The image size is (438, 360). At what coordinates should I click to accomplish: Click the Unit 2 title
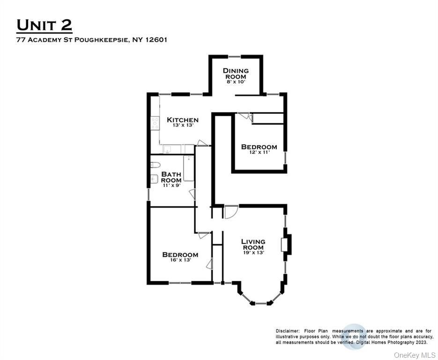[45, 25]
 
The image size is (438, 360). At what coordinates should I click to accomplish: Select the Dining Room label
[236, 74]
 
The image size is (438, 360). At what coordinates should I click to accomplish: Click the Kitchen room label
[183, 120]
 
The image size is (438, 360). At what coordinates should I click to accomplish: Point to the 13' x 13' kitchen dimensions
[183, 126]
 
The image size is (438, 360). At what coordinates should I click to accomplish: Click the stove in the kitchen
[155, 123]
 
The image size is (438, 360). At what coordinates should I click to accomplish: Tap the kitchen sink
[167, 150]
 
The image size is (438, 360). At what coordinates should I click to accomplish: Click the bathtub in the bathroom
[189, 168]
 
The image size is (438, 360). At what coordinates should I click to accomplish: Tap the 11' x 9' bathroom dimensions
[171, 186]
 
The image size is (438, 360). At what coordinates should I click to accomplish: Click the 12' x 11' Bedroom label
[259, 147]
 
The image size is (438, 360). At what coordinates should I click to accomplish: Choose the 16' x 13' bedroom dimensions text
[180, 260]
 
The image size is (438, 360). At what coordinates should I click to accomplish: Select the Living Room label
[253, 244]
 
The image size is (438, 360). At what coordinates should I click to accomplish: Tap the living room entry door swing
[230, 212]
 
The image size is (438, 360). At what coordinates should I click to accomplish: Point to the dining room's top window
[236, 57]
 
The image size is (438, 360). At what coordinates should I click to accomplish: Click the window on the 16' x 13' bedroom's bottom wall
[180, 283]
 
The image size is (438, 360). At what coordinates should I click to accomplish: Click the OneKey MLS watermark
[414, 354]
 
